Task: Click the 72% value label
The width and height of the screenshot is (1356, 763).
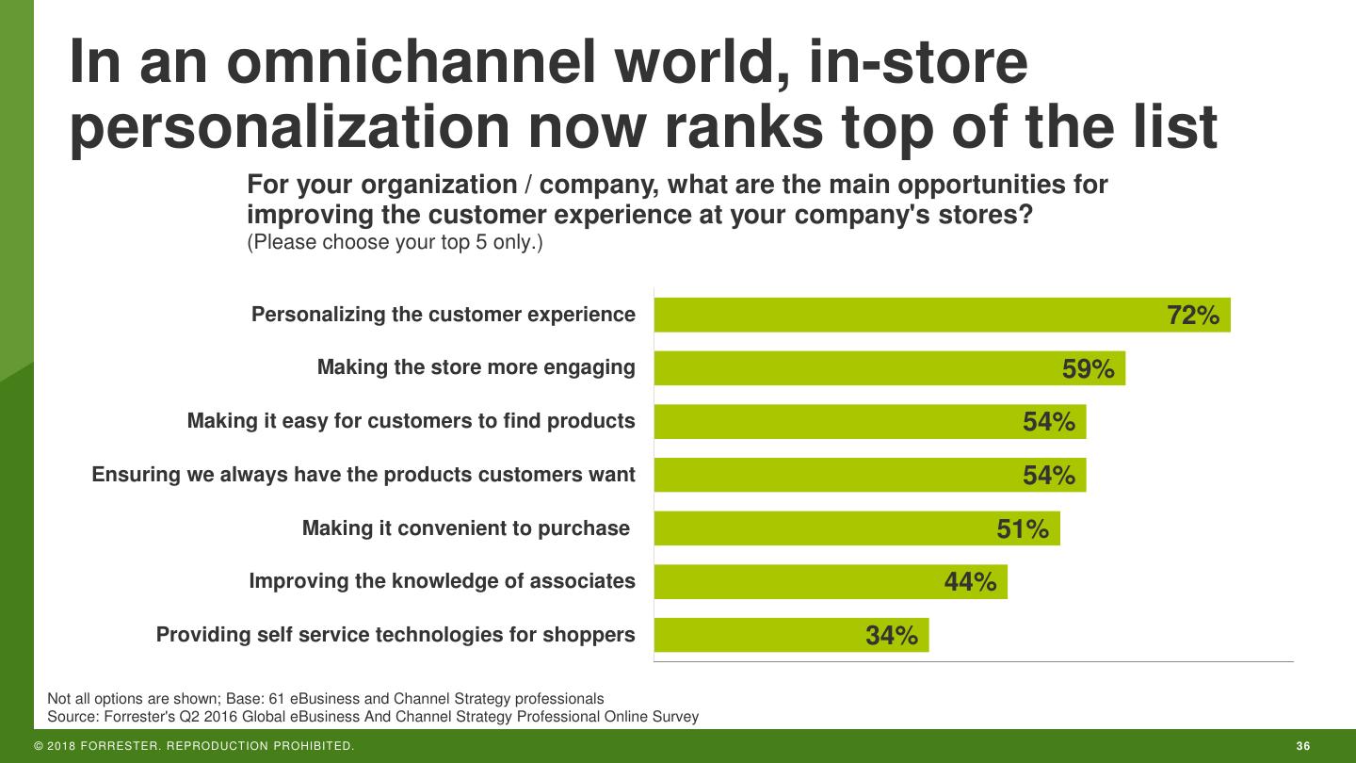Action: pos(1193,316)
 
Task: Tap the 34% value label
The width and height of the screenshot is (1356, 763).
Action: pos(891,636)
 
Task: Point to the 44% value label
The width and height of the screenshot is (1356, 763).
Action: pos(970,582)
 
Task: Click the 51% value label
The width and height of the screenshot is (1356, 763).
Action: pos(1023,529)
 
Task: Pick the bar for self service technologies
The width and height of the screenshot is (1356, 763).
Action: pos(791,635)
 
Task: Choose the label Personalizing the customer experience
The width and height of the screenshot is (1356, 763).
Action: pos(443,315)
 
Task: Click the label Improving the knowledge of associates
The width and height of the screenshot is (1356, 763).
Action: pos(442,581)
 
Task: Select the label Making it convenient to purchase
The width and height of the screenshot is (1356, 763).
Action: pos(465,528)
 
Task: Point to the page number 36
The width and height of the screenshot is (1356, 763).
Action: pos(1303,747)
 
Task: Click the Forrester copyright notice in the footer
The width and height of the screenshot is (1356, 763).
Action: pos(194,747)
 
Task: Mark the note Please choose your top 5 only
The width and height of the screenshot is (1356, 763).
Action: pos(395,242)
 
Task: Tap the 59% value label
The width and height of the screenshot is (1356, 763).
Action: pos(1088,369)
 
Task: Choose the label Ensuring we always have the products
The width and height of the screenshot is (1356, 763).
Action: pos(363,475)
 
